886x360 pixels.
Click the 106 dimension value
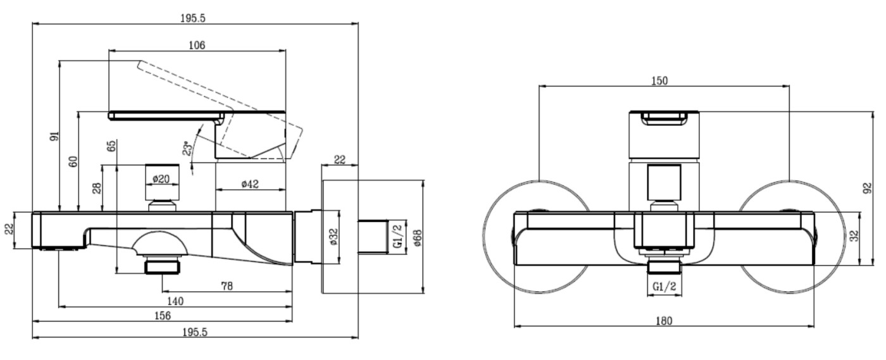pyautogui.click(x=197, y=44)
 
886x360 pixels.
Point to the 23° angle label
pyautogui.click(x=187, y=149)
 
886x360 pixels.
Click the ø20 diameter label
pyautogui.click(x=161, y=179)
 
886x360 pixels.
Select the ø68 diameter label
pyautogui.click(x=417, y=237)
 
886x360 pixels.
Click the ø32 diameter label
pyautogui.click(x=333, y=237)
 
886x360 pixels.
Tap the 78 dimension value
pyautogui.click(x=227, y=286)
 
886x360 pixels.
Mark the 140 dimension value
pyautogui.click(x=175, y=301)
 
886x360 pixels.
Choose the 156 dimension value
pyautogui.click(x=162, y=316)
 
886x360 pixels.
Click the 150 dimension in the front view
pyautogui.click(x=659, y=80)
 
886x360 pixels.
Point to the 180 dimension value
pyautogui.click(x=663, y=321)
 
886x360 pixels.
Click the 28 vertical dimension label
pyautogui.click(x=97, y=188)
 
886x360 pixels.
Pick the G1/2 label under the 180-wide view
pyautogui.click(x=663, y=285)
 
